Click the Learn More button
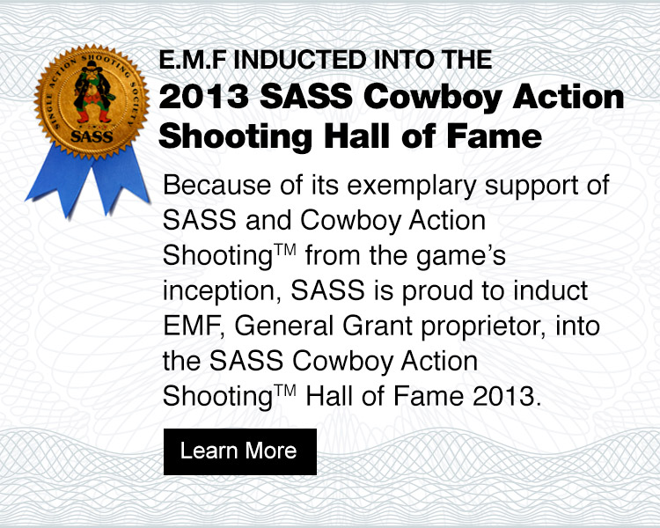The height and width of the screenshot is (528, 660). (x=239, y=451)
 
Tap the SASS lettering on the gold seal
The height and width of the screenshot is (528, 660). (x=91, y=136)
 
